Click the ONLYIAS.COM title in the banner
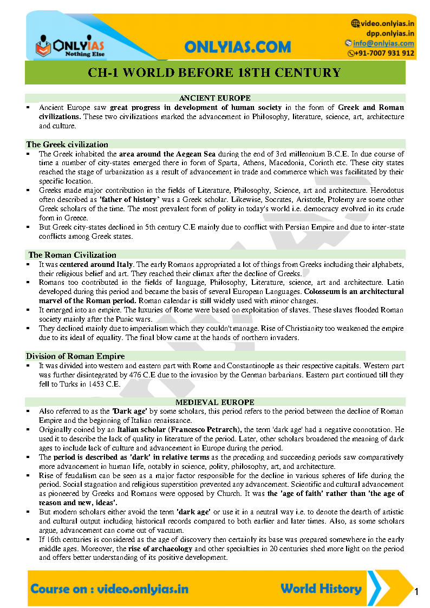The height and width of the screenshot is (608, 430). pos(237,47)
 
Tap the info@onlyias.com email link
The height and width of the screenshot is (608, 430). pos(383,43)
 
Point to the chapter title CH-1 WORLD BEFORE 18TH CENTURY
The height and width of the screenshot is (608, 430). pos(214,73)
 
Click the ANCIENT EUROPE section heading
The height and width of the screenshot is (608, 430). pos(214,99)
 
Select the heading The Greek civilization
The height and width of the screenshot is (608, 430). pos(67,145)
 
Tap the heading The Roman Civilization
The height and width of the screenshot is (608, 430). pos(72,255)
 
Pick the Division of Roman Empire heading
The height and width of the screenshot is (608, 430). pos(75,356)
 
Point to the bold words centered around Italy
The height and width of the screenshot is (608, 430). pos(93,264)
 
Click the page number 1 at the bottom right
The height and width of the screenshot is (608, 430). pos(416,591)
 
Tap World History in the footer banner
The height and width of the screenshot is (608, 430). pos(321,589)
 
